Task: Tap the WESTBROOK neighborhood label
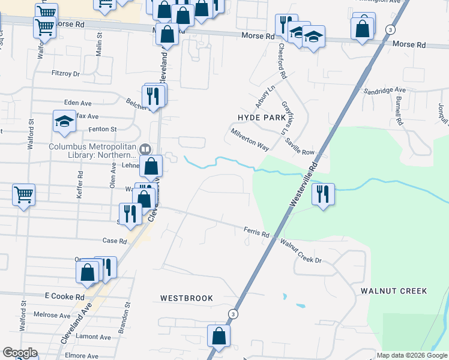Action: coord(187,298)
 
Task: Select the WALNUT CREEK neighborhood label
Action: coord(394,291)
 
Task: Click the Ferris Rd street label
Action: coord(256,231)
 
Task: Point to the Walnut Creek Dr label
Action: coord(301,251)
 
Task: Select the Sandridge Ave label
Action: coord(385,90)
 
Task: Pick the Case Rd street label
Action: coord(115,241)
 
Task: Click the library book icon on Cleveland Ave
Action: coord(144,149)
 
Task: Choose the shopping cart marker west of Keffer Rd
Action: coord(23,194)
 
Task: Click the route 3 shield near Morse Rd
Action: coord(391,29)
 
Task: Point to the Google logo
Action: coord(20,353)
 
